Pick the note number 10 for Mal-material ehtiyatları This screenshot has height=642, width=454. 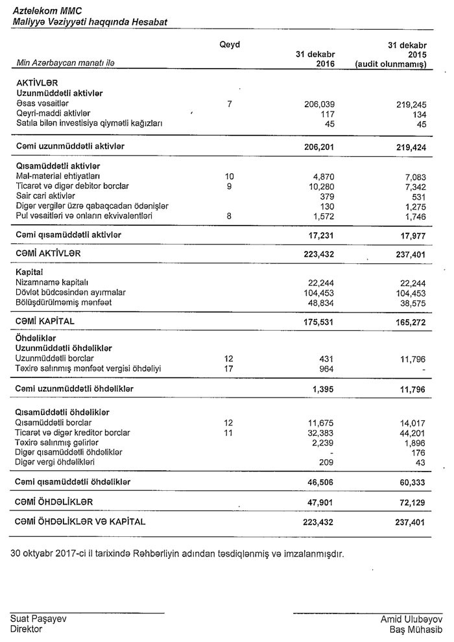pos(230,176)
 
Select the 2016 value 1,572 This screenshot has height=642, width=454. pos(322,215)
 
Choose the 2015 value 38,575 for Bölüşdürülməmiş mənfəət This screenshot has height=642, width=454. pos(411,302)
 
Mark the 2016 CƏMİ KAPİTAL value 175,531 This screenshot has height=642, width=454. pos(318,321)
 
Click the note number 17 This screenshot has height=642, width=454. pos(228,368)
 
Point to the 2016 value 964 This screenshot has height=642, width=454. pos(326,368)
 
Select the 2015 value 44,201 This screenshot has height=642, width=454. pos(411,433)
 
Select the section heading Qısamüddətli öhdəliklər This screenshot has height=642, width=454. pos(62,412)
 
